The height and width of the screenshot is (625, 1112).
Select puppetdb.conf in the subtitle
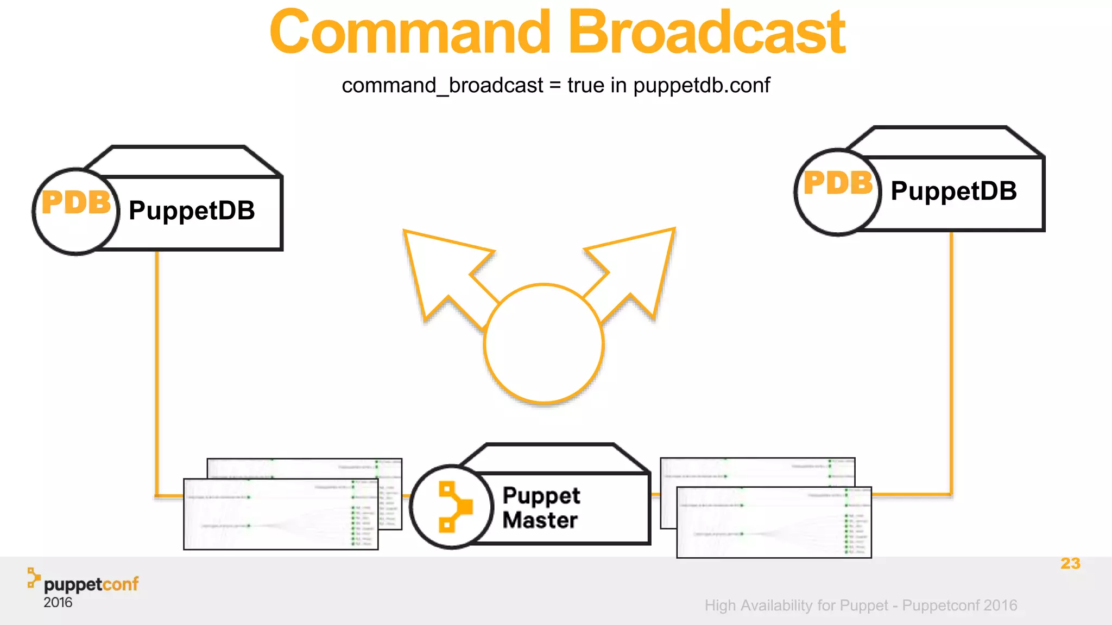702,85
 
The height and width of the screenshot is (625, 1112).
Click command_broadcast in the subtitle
443,86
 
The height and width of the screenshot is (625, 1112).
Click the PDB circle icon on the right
837,192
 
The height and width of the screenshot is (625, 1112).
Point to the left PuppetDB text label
192,211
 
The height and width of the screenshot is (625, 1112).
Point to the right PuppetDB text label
953,191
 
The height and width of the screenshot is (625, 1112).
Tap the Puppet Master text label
541,508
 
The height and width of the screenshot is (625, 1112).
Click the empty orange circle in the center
544,343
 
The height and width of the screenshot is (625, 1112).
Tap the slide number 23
1070,563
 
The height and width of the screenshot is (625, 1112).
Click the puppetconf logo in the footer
84,583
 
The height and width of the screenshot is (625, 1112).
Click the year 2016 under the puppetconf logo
58,603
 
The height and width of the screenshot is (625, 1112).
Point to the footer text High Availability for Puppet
796,605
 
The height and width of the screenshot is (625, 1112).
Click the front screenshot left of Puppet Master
281,514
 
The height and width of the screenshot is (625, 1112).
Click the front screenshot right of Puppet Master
774,522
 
